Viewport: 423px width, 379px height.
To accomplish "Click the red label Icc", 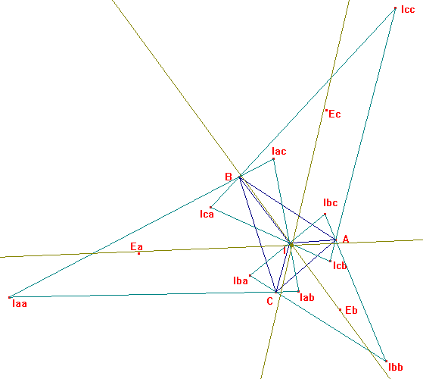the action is coord(408,10).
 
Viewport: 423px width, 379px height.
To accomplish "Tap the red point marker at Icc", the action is coord(396,8).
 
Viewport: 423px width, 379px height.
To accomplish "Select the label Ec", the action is coord(334,114).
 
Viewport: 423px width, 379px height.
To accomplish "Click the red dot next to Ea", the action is coord(139,253).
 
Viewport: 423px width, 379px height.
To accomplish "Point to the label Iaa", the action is coord(20,304).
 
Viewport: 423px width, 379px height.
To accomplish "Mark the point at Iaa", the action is coord(9,297).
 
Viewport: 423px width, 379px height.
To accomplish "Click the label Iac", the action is coord(279,152).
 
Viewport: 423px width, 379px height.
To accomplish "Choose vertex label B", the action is coord(229,177).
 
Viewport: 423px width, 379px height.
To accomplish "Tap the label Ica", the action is coord(207,215).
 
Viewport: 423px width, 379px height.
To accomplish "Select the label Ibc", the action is coord(331,202).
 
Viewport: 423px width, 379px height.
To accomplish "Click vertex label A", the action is coord(346,239).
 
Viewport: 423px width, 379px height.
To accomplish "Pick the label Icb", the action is coord(340,266).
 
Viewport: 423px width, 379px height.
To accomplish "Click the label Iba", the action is coord(241,281).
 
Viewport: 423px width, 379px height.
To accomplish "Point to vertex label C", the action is coord(270,301).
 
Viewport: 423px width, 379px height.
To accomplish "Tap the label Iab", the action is coord(307,297).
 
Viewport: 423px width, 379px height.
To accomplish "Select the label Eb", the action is coord(351,310).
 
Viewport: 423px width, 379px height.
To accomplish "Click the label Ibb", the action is coord(396,367).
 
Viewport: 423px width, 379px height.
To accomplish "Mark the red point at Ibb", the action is coord(387,361).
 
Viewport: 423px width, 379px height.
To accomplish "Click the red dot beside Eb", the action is coord(341,309).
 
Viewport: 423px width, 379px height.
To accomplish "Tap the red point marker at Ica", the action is coord(210,208).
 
